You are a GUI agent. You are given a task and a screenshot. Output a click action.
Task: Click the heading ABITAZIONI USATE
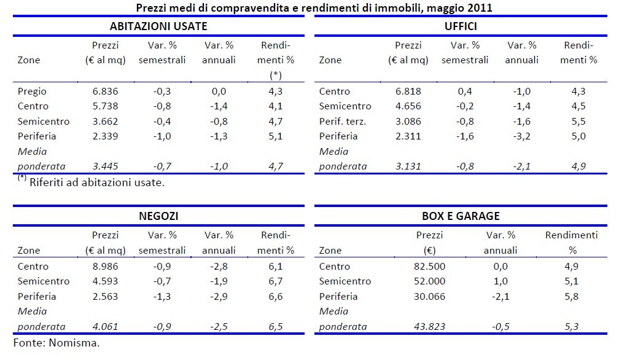coord(158,26)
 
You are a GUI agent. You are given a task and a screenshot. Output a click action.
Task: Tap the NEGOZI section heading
coord(158,216)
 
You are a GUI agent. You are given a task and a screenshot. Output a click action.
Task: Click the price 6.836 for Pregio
coord(105,92)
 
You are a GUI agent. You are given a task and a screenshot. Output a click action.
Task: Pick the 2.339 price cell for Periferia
coord(105,136)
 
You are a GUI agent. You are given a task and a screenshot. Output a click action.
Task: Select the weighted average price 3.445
coord(105,166)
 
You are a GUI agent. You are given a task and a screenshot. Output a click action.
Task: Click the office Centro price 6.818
coord(408,92)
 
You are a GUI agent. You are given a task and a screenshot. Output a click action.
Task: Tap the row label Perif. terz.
coord(343,121)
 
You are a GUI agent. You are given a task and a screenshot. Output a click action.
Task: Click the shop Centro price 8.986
coord(105,267)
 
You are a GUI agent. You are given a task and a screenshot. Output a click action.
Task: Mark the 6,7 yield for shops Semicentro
coord(275,281)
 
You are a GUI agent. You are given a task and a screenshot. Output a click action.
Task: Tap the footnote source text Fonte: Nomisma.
coord(56,342)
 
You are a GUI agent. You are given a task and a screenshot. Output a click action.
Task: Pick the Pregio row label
coord(33,92)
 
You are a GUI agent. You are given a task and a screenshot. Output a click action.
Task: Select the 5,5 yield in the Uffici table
coord(579,121)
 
